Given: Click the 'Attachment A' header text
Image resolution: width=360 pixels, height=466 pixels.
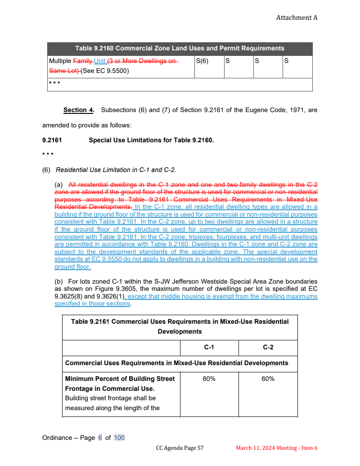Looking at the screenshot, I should [297, 18].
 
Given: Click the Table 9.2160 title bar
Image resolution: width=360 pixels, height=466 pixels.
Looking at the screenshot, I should [180, 48].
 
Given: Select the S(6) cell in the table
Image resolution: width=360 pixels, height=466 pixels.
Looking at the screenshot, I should [202, 60].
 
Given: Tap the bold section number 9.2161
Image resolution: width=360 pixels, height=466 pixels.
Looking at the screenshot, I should [52, 140].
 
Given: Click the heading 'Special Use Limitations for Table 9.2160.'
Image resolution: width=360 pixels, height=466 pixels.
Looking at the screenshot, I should [151, 140].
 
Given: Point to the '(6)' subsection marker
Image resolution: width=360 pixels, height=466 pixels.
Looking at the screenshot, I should [46, 170].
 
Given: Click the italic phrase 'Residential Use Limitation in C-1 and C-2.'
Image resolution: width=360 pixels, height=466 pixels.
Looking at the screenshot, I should [116, 170].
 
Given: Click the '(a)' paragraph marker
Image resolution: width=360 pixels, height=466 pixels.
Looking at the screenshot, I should [58, 185].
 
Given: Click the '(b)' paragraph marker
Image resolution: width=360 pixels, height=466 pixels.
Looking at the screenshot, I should [58, 281].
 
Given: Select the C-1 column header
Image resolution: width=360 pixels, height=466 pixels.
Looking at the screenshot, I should [209, 348].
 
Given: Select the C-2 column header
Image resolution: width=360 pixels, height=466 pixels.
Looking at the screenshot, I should [268, 348].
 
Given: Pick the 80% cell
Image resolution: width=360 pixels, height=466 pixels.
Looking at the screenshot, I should [209, 379].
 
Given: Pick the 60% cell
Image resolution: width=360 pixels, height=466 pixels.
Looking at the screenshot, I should [268, 379].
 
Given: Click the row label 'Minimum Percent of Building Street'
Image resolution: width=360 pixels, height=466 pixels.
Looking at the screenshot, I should [120, 379].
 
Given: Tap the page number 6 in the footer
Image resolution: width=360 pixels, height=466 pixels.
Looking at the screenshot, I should [100, 438].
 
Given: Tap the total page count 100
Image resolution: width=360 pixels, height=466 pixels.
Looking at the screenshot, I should [119, 438].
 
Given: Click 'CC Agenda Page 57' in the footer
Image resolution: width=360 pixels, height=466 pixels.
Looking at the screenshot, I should [180, 448].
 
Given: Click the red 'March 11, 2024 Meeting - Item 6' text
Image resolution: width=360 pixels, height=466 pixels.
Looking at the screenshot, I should [277, 448].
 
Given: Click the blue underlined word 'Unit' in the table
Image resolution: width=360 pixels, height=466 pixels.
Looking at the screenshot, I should [99, 61].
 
